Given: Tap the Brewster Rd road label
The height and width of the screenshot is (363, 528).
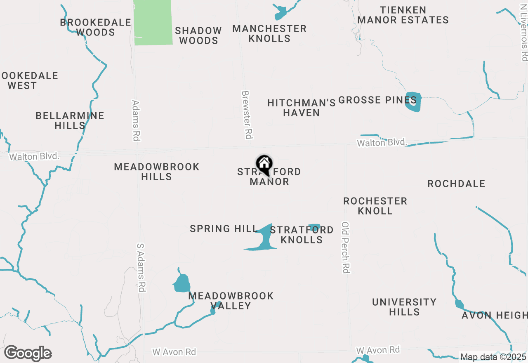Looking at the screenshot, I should tap(247, 115).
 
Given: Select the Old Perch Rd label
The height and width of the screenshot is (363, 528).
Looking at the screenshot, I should tap(346, 247).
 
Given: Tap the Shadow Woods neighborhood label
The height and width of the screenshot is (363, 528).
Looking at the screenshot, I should tap(198, 35).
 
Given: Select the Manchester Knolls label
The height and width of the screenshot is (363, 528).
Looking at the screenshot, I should tap(269, 33).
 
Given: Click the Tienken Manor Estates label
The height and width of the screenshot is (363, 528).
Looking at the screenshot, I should tap(403, 15).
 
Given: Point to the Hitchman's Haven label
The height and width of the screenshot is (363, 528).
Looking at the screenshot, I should tap(302, 108).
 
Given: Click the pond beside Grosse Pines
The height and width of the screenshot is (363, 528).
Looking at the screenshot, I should tap(413, 102).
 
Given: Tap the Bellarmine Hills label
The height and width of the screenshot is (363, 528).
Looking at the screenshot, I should tap(70, 120).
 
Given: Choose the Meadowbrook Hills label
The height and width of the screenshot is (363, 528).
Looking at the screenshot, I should tap(157, 172).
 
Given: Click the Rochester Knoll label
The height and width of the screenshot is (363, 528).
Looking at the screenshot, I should tap(375, 206).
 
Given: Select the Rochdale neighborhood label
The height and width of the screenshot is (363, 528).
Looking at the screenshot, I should tap(456, 184).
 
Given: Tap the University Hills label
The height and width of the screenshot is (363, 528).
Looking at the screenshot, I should tap(404, 307).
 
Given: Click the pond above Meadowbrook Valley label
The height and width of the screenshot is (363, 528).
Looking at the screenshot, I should tap(181, 283).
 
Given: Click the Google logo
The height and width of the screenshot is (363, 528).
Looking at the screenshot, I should tap(28, 353).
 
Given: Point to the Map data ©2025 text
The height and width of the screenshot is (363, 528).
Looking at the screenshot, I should tap(493, 357).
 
